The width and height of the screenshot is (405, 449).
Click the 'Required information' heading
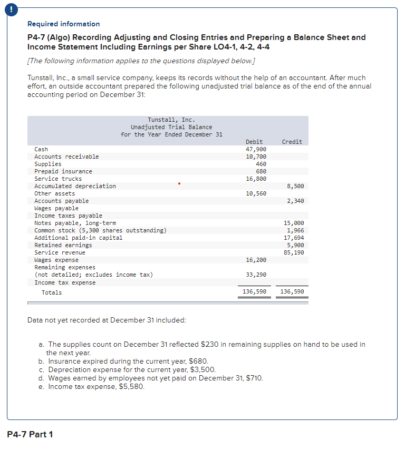[63, 24]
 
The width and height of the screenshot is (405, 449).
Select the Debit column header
[254, 142]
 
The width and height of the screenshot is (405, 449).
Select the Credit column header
[292, 142]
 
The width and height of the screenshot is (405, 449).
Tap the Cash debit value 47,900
[256, 149]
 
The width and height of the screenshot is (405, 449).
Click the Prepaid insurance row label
[63, 171]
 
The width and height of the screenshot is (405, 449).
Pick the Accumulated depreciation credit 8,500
[294, 186]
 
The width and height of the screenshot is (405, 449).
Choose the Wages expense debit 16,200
[256, 260]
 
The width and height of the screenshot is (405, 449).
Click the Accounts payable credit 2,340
[294, 201]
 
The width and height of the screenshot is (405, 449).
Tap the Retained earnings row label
[63, 245]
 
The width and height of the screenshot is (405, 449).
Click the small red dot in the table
[179, 184]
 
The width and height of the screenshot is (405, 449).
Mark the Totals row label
[52, 292]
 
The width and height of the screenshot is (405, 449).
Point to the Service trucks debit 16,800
[256, 179]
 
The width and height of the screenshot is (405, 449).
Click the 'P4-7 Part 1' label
[30, 434]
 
